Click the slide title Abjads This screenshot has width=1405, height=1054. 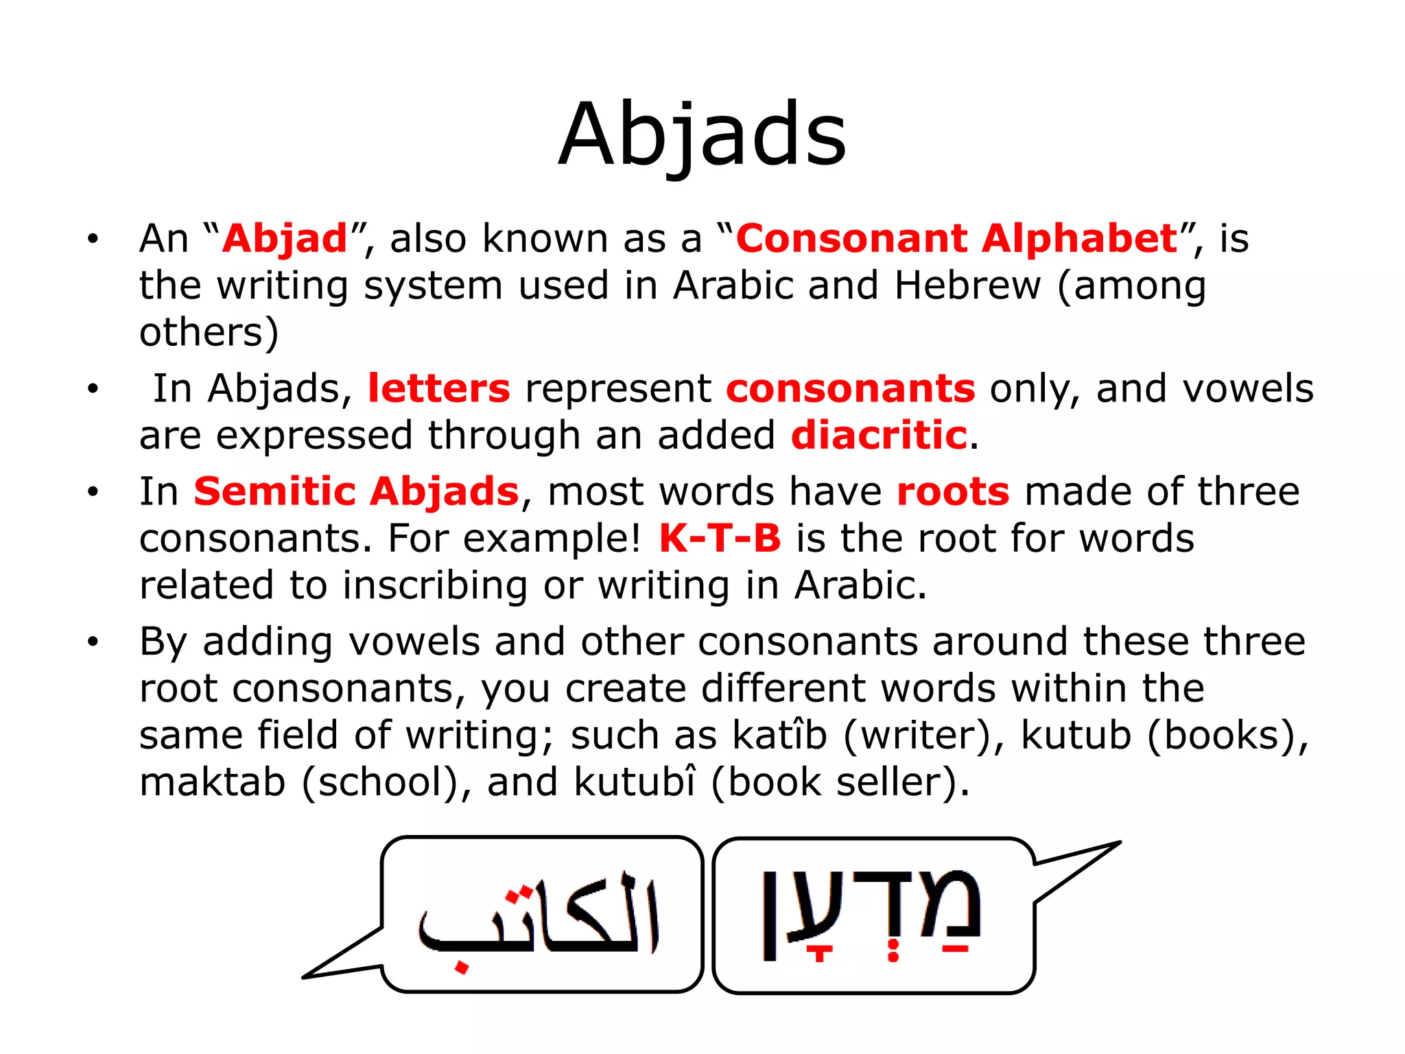[702, 134]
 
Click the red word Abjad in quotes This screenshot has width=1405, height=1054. [285, 239]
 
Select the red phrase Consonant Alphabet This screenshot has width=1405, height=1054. [957, 239]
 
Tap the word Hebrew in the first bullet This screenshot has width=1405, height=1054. [967, 285]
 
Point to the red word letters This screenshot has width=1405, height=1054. [439, 388]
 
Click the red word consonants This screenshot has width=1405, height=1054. [851, 388]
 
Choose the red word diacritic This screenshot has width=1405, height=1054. [879, 436]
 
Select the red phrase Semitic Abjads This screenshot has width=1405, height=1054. [356, 491]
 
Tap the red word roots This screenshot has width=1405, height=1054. [953, 491]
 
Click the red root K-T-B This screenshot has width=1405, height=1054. [720, 538]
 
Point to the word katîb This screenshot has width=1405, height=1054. [780, 735]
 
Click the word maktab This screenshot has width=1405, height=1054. [212, 782]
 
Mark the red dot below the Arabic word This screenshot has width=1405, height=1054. [462, 968]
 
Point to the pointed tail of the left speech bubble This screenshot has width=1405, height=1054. [309, 975]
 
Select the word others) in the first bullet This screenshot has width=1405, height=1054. [209, 333]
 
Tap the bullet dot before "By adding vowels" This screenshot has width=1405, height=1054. [93, 642]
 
